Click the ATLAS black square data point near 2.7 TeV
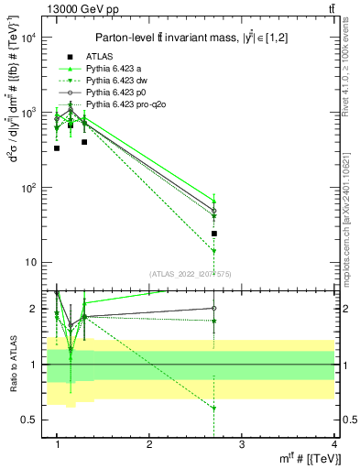coord(213,234)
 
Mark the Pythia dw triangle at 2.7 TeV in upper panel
coord(213,250)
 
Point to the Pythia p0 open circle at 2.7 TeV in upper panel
coord(213,211)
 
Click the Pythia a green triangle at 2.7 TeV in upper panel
coord(213,201)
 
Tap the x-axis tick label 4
coord(333,445)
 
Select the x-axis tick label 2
coord(149,445)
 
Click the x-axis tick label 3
coord(241,445)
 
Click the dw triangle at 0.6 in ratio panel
coord(213,408)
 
